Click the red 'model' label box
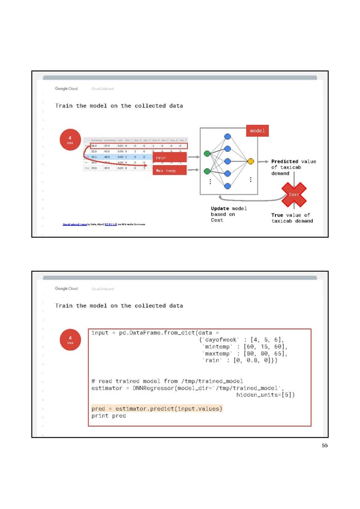pos(257,131)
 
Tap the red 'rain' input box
pos(170,158)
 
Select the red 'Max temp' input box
pos(170,170)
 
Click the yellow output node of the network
pos(250,161)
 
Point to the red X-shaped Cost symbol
pos(294,194)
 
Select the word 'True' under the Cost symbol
pos(277,215)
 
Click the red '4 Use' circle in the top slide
pos(70,141)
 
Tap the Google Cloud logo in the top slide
pos(67,89)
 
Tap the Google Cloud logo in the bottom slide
pos(67,289)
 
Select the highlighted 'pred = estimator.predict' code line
pos(157,409)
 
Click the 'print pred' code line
pos(108,416)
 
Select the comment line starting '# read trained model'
pos(167,381)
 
